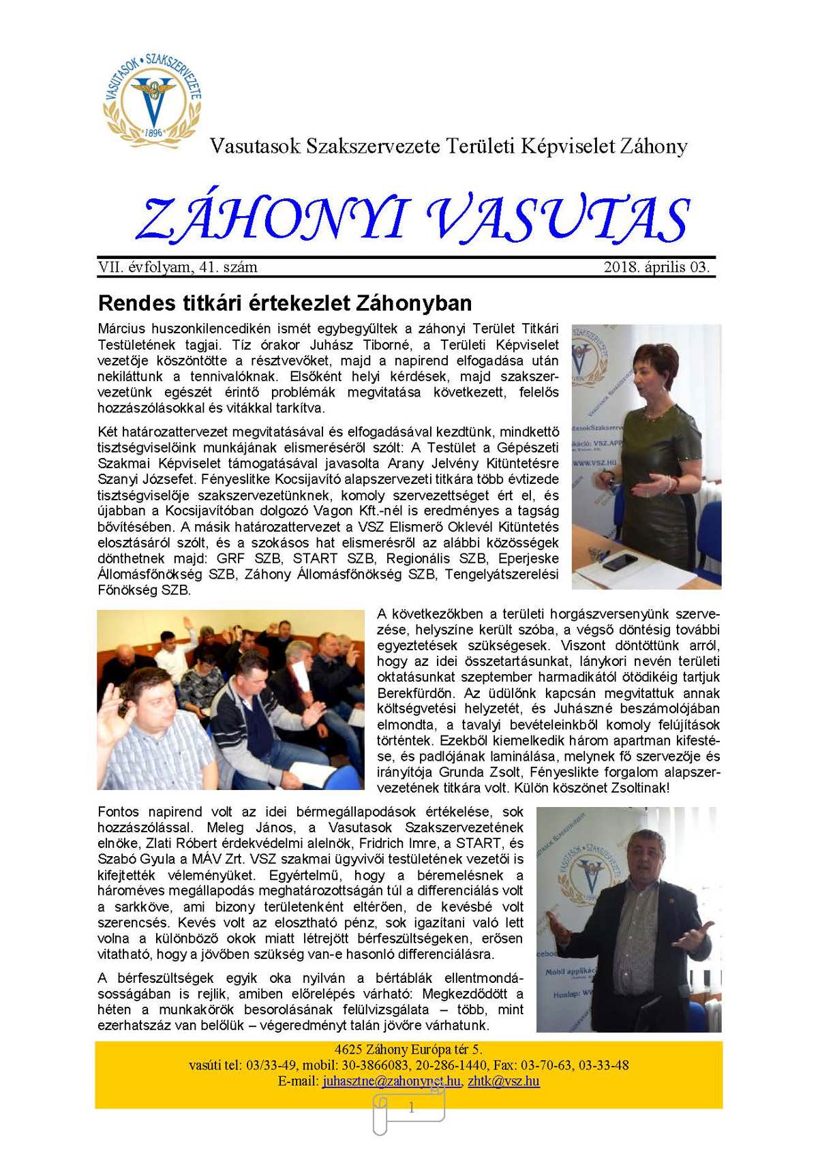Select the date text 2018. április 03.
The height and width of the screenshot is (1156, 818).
[x=656, y=267]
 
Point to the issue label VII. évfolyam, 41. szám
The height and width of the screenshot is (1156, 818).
[x=178, y=267]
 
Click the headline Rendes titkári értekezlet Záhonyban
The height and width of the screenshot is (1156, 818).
[x=285, y=303]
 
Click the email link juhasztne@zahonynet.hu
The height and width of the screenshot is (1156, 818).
[x=391, y=1081]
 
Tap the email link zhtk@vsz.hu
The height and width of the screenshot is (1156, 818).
[x=504, y=1081]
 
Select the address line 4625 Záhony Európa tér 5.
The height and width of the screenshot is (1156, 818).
[x=408, y=1050]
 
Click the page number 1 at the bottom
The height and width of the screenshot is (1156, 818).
[x=411, y=1108]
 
